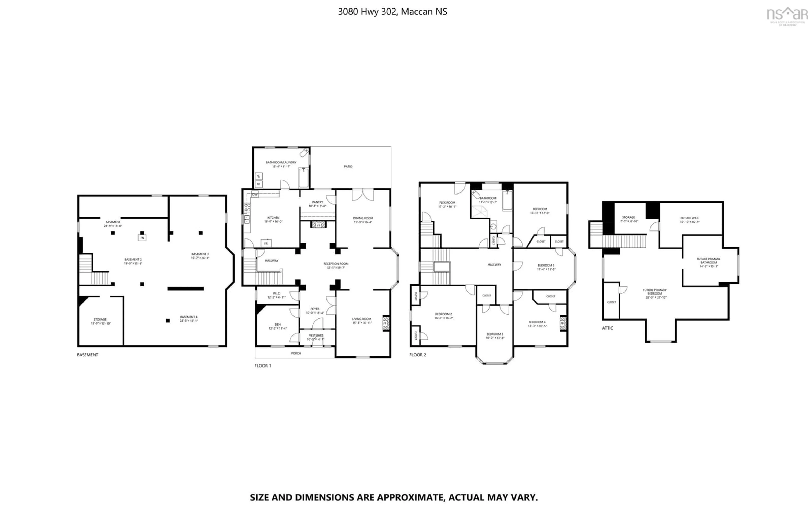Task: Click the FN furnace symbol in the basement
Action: (x=142, y=238)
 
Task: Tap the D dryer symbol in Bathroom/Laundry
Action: (x=258, y=184)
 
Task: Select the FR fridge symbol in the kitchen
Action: (x=266, y=243)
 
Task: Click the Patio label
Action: (x=348, y=166)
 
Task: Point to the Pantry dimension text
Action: (x=317, y=206)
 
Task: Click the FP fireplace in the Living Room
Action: (x=385, y=323)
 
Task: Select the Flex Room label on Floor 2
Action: (x=447, y=203)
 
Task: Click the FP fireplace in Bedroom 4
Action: (x=562, y=323)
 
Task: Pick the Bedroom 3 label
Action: (x=495, y=334)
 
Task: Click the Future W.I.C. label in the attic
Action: (x=690, y=218)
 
